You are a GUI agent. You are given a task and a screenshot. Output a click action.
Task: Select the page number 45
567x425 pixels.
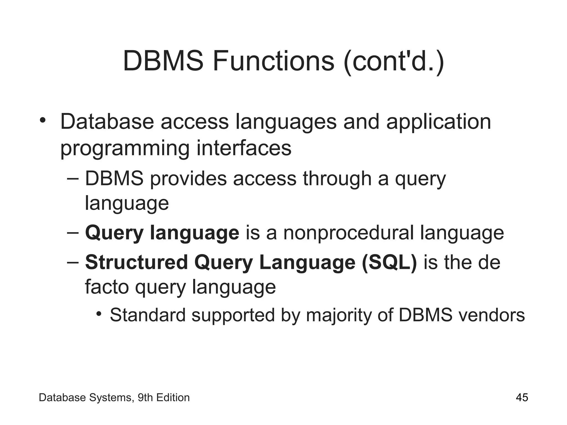pyautogui.click(x=522, y=398)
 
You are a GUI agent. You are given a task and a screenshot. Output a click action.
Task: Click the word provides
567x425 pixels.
pyautogui.click(x=188, y=178)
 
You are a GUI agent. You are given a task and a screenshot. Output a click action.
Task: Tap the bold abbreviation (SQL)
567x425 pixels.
pyautogui.click(x=389, y=263)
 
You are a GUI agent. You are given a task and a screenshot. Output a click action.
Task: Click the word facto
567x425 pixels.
pyautogui.click(x=107, y=287)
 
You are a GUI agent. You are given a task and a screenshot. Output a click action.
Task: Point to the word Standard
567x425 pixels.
pyautogui.click(x=148, y=315)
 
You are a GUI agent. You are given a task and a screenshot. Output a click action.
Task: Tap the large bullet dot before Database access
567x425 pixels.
pyautogui.click(x=42, y=120)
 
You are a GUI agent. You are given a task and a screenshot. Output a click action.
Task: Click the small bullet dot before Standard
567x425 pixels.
pyautogui.click(x=99, y=314)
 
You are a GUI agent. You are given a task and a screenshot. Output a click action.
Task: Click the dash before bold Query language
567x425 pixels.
pyautogui.click(x=73, y=232)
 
